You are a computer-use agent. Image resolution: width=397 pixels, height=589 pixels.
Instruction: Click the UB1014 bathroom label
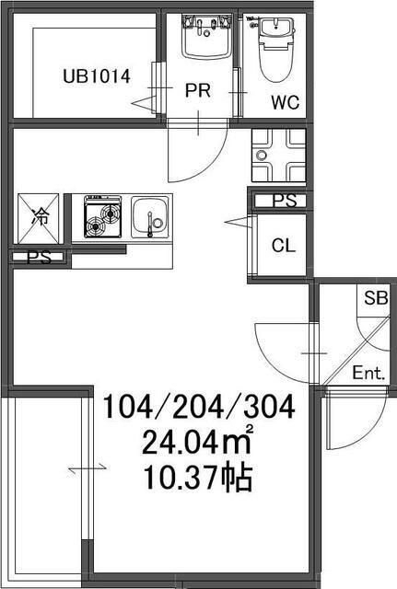click(97, 76)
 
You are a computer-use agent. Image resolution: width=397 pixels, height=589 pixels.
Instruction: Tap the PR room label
click(198, 90)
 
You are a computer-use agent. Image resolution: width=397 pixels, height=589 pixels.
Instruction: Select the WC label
click(286, 102)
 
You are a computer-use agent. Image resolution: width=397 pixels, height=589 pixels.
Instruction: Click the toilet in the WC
click(276, 50)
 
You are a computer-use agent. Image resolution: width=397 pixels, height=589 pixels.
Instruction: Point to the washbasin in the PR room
click(206, 37)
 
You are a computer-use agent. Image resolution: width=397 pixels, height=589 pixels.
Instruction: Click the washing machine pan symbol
click(278, 156)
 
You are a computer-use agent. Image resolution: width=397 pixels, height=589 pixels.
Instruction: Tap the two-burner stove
click(102, 216)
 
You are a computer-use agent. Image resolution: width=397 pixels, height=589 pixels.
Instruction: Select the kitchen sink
click(149, 218)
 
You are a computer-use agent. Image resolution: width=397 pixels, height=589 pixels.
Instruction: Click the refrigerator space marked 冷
click(38, 218)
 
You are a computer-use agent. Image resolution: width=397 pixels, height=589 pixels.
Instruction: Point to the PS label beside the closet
click(285, 201)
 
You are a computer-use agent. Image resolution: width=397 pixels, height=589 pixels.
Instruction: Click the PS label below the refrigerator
click(39, 258)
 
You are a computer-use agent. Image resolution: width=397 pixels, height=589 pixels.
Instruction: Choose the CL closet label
click(284, 246)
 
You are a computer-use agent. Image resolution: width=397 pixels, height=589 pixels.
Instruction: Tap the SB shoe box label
click(376, 298)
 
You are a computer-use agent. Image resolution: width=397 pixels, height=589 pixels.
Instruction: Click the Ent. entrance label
click(368, 373)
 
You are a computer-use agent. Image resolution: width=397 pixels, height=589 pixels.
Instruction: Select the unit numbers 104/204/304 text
click(199, 407)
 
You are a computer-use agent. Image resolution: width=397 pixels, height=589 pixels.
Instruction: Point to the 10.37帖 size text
click(198, 478)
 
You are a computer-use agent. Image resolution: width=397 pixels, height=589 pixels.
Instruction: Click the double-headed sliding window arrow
click(88, 468)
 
